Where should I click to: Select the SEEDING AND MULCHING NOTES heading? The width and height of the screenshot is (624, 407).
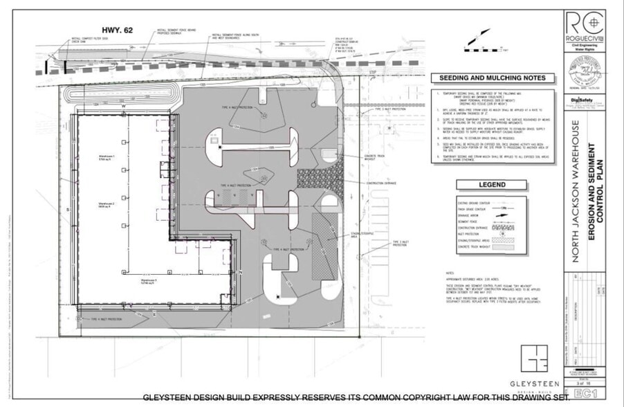pos(493,78)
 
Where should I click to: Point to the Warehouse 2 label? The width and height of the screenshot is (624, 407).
pos(106,205)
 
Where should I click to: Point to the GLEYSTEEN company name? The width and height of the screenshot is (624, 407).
pos(531,383)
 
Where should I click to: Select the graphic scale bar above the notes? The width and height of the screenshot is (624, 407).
pos(484,50)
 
